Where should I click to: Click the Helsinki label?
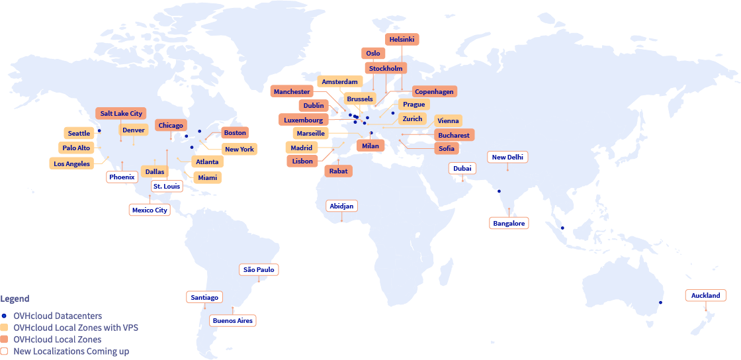(402, 40)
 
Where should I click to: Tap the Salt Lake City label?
(121, 114)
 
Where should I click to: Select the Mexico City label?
(150, 210)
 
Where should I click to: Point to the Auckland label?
(705, 295)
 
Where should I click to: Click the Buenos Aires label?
(232, 321)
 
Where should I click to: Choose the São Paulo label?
(259, 270)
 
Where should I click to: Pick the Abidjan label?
(341, 206)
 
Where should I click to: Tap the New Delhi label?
(508, 157)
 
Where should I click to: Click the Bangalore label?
(509, 224)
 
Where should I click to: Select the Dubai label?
(462, 169)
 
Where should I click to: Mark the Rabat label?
(339, 171)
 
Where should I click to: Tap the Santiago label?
(204, 298)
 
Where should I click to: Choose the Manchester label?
(292, 92)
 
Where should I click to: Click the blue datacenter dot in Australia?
(660, 303)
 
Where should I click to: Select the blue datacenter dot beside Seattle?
(99, 130)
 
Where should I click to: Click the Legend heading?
(15, 299)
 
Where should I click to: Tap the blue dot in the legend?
(5, 316)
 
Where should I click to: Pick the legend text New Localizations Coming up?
(71, 352)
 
